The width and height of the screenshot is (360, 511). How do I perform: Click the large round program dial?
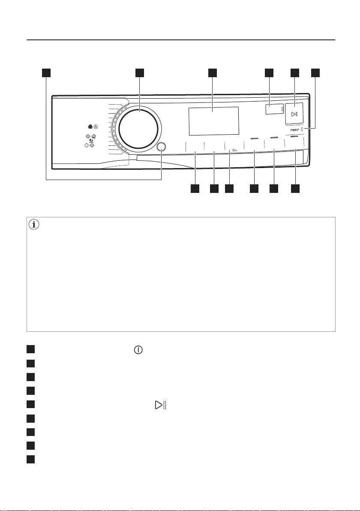138,128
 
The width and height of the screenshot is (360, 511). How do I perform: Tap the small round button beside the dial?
162,147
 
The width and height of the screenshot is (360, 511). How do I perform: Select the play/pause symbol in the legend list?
161,405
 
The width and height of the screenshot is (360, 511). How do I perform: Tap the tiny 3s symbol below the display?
234,150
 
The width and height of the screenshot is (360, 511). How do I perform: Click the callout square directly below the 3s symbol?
230,188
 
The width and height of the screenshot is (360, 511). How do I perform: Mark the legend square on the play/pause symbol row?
30,405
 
